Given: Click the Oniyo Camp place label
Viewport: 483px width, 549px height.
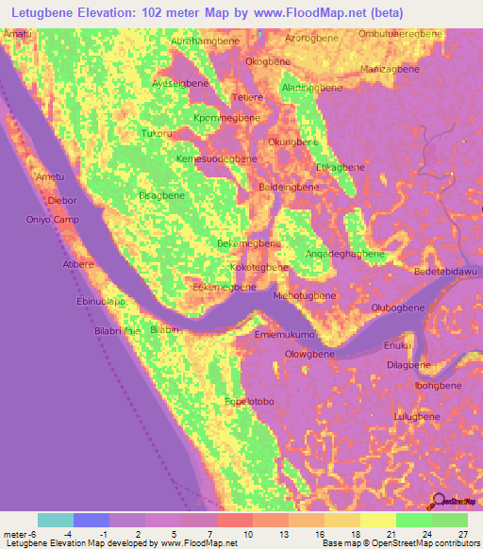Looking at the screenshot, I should point(51,220).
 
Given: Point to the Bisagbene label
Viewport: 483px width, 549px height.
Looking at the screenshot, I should point(161,195).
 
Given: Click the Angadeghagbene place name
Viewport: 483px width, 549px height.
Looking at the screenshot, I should point(345,255).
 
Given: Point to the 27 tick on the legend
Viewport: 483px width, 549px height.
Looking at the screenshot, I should point(462,534).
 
